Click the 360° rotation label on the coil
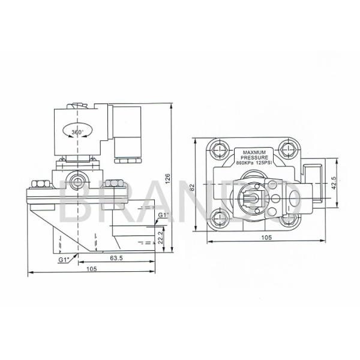(77, 131)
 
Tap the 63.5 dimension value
(118, 259)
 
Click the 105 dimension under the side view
(91, 269)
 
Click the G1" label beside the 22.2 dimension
(163, 215)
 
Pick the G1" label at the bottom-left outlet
(65, 259)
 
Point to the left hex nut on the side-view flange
(40, 184)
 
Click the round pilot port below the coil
(76, 179)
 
